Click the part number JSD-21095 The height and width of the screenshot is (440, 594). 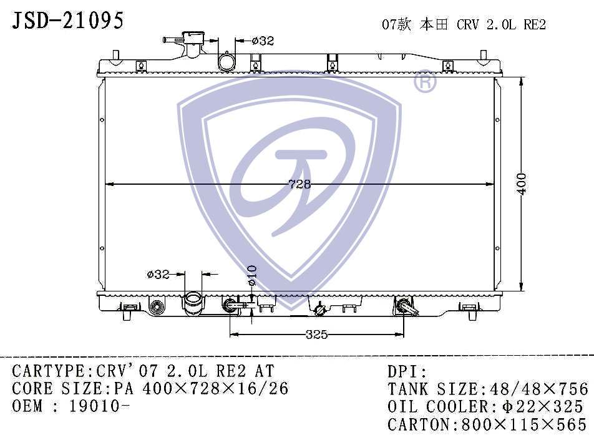coord(68,20)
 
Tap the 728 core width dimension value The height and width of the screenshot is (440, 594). coord(299,184)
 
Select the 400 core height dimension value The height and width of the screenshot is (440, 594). coord(522,184)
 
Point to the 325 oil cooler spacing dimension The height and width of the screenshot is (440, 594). coord(316,335)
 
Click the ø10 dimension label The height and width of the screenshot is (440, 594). coord(252,275)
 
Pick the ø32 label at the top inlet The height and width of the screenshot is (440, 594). coord(263,41)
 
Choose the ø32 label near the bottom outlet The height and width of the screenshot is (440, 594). coord(158,273)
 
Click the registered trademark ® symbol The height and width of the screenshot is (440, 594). coord(425,82)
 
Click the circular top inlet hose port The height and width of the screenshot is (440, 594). coord(226,62)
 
